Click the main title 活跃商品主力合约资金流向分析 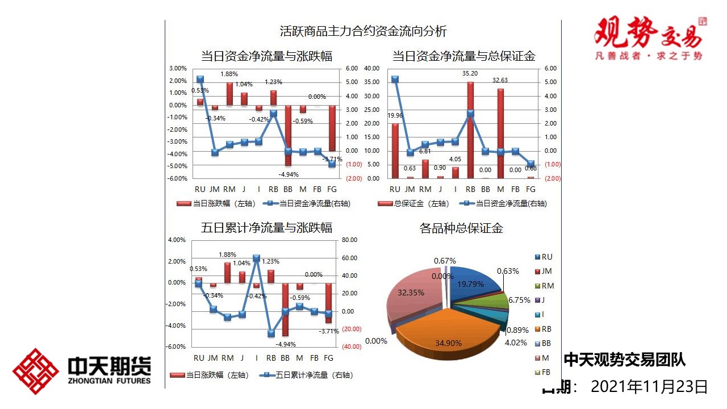363,31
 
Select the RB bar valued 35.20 470,131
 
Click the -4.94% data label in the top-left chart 288,174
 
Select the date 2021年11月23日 649,387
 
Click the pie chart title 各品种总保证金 461,228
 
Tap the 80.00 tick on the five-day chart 350,240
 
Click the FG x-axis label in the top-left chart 332,189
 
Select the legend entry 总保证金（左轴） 413,203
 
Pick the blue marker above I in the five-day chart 256,258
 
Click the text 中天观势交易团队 624,360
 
